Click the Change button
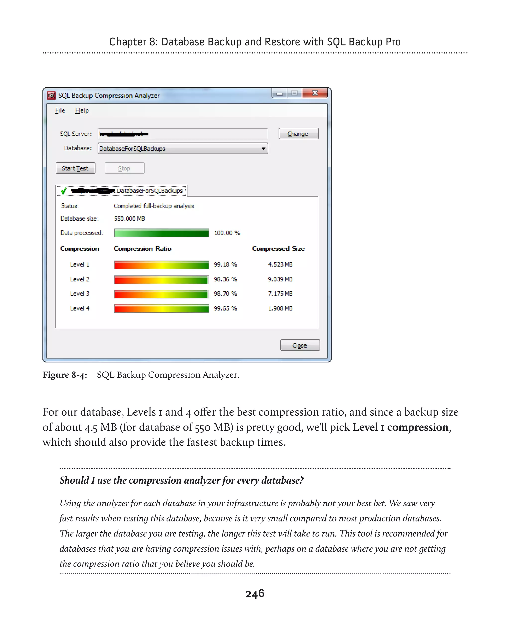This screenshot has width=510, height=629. [x=298, y=134]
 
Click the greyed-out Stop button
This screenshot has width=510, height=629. [x=124, y=168]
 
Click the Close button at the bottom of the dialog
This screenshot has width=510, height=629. [x=300, y=345]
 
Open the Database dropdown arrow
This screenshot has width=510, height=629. [x=263, y=149]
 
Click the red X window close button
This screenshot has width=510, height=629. [x=315, y=93]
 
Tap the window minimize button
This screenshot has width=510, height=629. [x=280, y=94]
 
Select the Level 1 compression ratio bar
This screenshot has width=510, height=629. [x=161, y=265]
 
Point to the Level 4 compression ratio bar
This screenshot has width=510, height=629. [x=161, y=308]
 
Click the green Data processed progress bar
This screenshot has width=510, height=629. [x=161, y=233]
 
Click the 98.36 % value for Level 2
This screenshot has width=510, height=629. [x=225, y=279]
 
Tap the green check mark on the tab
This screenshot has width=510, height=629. [x=64, y=191]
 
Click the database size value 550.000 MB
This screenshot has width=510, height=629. [x=129, y=219]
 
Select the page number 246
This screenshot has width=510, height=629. [x=255, y=593]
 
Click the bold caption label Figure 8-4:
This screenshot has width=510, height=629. [x=65, y=375]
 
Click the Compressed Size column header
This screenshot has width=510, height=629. [x=278, y=249]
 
